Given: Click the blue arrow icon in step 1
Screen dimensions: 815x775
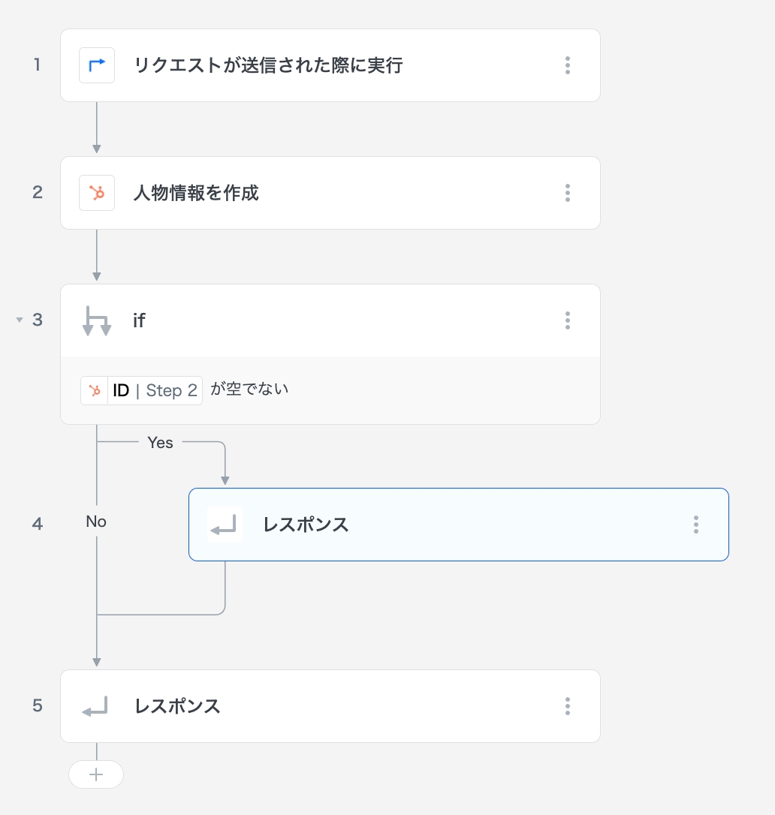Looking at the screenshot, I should [97, 65].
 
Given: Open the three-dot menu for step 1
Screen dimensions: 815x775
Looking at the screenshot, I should [568, 65].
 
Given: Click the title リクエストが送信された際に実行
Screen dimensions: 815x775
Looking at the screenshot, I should [268, 65].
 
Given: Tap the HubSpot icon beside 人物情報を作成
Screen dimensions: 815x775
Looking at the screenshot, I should [97, 193].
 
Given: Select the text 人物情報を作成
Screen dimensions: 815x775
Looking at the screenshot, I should [196, 193].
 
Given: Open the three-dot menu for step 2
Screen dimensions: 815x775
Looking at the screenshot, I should [568, 193].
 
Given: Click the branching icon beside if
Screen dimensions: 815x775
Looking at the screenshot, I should [97, 320].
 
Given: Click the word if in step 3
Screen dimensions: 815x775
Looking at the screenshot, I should [139, 320].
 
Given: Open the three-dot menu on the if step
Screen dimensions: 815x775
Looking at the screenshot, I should [568, 320].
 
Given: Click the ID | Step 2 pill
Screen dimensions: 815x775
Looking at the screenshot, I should [142, 390].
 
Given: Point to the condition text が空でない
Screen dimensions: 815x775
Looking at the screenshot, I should [249, 389].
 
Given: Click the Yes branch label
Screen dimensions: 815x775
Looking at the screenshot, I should [160, 443].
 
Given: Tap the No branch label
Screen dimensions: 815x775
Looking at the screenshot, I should [96, 522].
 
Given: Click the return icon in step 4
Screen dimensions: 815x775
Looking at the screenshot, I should [225, 525].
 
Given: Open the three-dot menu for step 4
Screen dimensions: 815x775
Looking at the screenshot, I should [696, 525].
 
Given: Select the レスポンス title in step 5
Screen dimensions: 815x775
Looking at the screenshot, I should [177, 706].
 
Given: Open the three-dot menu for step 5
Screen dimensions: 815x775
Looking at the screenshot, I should [568, 706].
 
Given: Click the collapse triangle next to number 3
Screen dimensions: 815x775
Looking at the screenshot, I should [20, 320].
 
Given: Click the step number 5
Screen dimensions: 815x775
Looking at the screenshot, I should [38, 706].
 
